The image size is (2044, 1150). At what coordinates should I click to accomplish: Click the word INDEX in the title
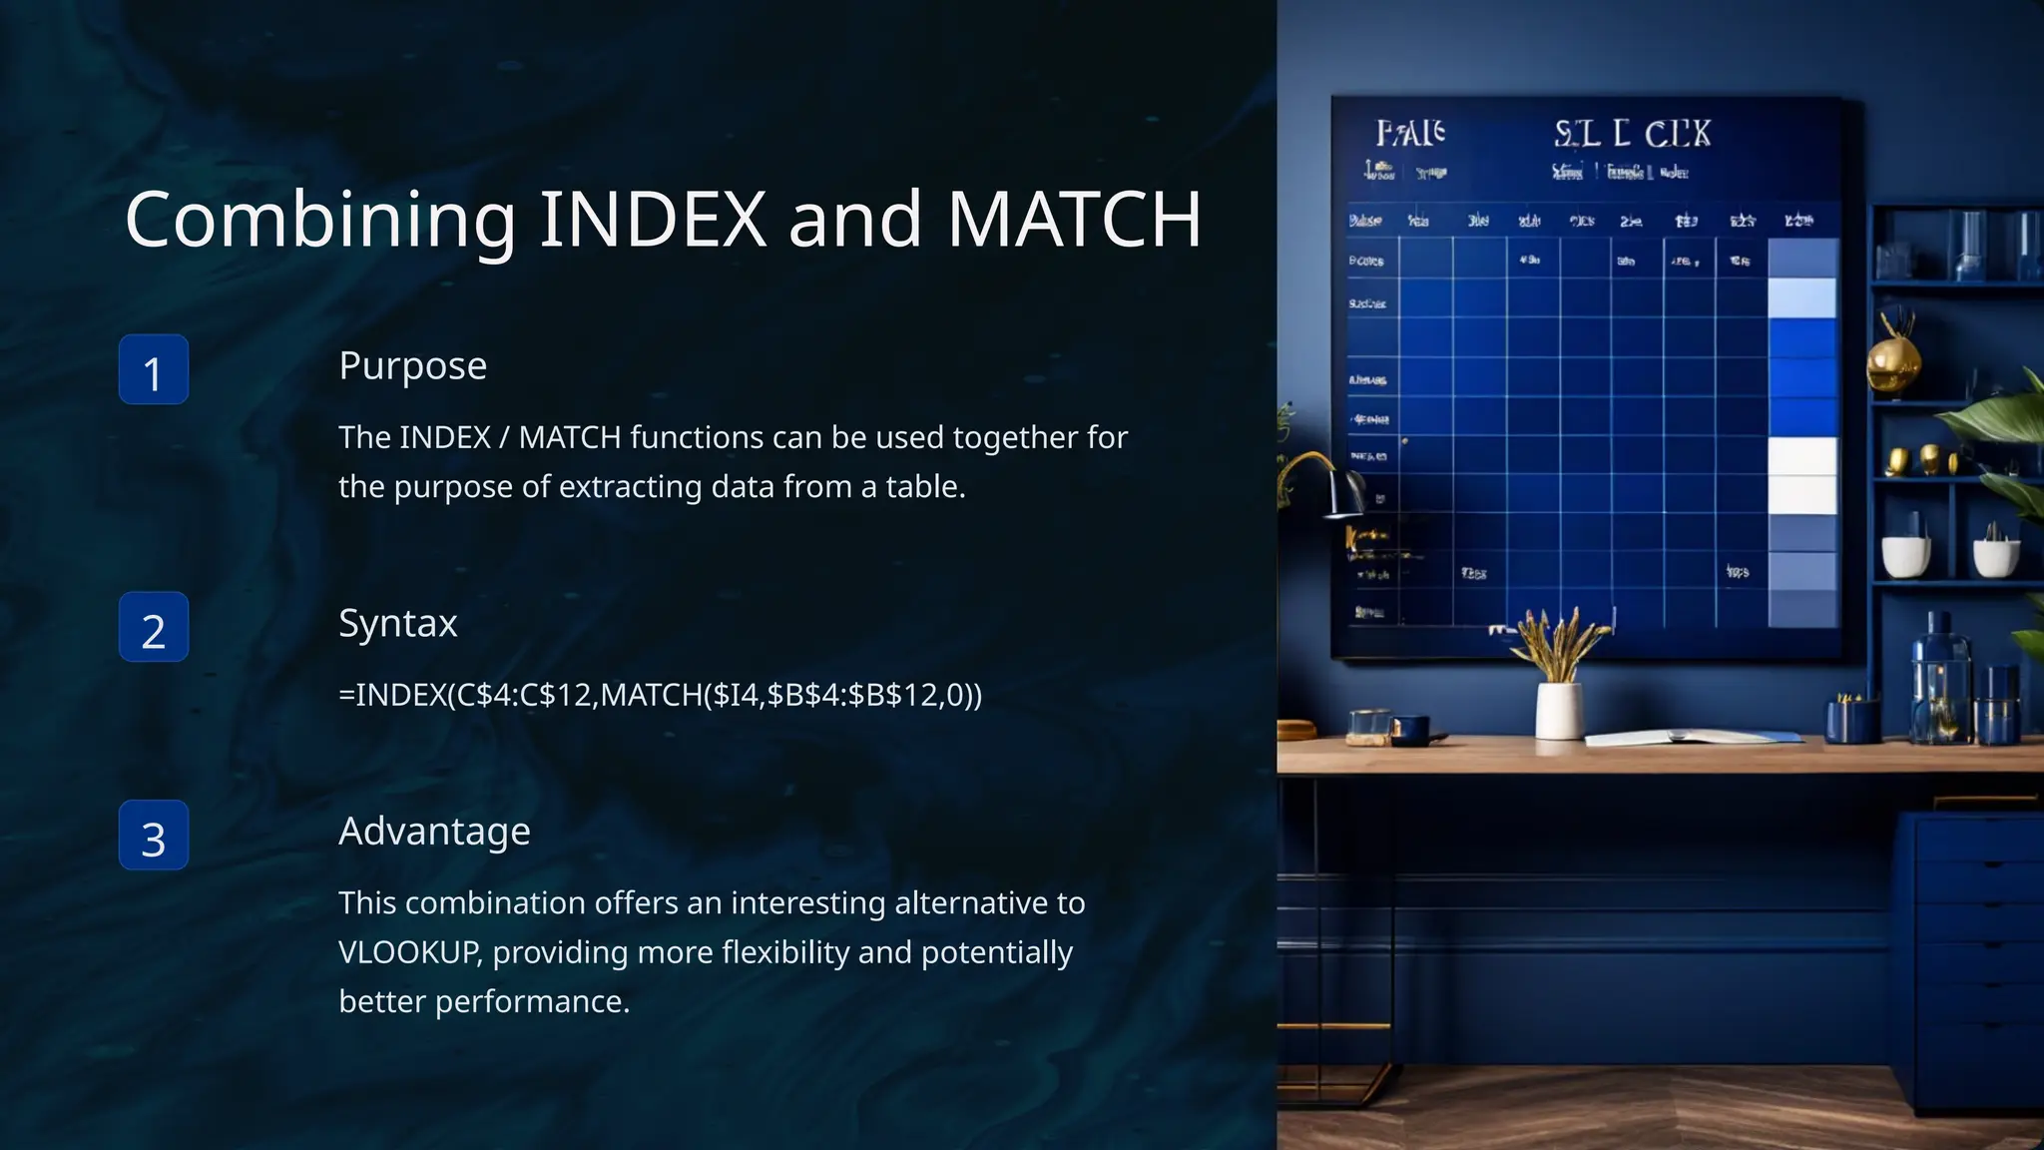click(x=653, y=220)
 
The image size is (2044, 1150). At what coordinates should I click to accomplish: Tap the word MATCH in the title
click(x=1074, y=220)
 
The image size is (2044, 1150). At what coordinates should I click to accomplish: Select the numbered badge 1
click(x=154, y=370)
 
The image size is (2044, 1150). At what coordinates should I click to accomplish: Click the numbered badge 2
click(x=154, y=628)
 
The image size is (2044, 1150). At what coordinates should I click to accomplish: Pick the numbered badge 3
click(x=154, y=836)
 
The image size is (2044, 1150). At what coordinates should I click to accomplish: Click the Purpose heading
click(x=412, y=366)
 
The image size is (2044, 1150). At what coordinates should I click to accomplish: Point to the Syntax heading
click(x=397, y=624)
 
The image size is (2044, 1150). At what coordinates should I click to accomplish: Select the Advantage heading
click(x=434, y=832)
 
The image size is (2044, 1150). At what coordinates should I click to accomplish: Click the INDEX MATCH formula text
click(x=660, y=695)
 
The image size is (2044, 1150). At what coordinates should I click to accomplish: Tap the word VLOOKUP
click(x=409, y=952)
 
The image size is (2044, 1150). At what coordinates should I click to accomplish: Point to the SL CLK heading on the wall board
click(x=1632, y=134)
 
